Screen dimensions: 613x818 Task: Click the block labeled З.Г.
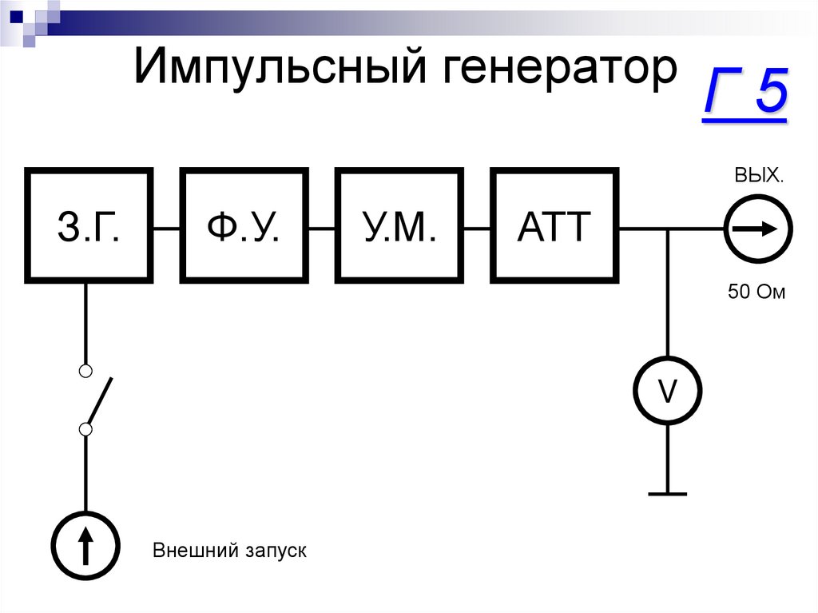click(89, 225)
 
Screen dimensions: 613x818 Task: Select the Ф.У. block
click(244, 225)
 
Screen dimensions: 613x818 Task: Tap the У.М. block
click(399, 225)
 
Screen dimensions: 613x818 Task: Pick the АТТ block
click(554, 225)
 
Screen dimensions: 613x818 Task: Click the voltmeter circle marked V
click(667, 391)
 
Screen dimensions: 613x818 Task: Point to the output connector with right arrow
click(758, 229)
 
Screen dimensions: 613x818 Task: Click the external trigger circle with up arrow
click(85, 546)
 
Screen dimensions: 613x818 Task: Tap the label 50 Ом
click(756, 293)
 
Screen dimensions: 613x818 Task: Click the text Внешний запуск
click(229, 551)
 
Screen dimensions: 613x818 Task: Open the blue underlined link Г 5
click(745, 94)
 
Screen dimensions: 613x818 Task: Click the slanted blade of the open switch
click(100, 400)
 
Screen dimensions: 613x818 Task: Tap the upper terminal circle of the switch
click(86, 371)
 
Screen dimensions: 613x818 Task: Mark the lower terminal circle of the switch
click(86, 430)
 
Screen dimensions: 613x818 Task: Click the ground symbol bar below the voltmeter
click(667, 494)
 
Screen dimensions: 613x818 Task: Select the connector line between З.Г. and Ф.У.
click(167, 229)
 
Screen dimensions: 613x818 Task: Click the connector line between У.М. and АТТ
click(477, 229)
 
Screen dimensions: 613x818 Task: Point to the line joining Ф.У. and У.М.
click(322, 229)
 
